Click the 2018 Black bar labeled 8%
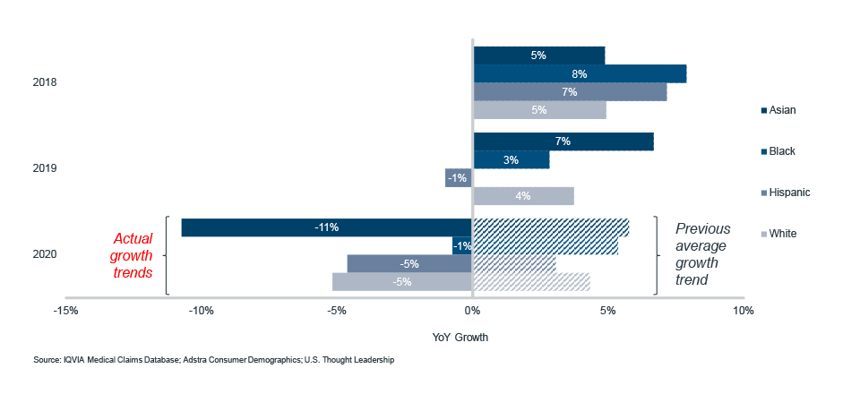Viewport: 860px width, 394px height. pyautogui.click(x=580, y=73)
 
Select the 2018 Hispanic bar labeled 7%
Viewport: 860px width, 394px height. pyautogui.click(x=570, y=91)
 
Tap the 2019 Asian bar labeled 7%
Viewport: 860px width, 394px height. pyautogui.click(x=563, y=141)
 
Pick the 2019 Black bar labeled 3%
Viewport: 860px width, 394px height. pyautogui.click(x=511, y=159)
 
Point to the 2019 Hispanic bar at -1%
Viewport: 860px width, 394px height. pyautogui.click(x=459, y=177)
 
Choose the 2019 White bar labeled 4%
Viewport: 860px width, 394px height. pyautogui.click(x=523, y=195)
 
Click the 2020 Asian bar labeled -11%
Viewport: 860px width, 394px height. pyautogui.click(x=327, y=227)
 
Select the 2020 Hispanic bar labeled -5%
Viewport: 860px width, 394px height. pyautogui.click(x=409, y=263)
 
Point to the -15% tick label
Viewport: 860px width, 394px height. pyautogui.click(x=64, y=312)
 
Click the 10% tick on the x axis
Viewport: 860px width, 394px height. pyautogui.click(x=743, y=312)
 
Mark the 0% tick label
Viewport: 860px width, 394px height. pyautogui.click(x=472, y=312)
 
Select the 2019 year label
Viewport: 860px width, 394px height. pyautogui.click(x=44, y=168)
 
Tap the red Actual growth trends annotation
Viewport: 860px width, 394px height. pyautogui.click(x=133, y=255)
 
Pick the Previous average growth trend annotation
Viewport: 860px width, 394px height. pyautogui.click(x=703, y=254)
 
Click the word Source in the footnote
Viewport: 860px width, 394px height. pyautogui.click(x=47, y=360)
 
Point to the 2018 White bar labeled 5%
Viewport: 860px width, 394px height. pyautogui.click(x=539, y=110)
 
